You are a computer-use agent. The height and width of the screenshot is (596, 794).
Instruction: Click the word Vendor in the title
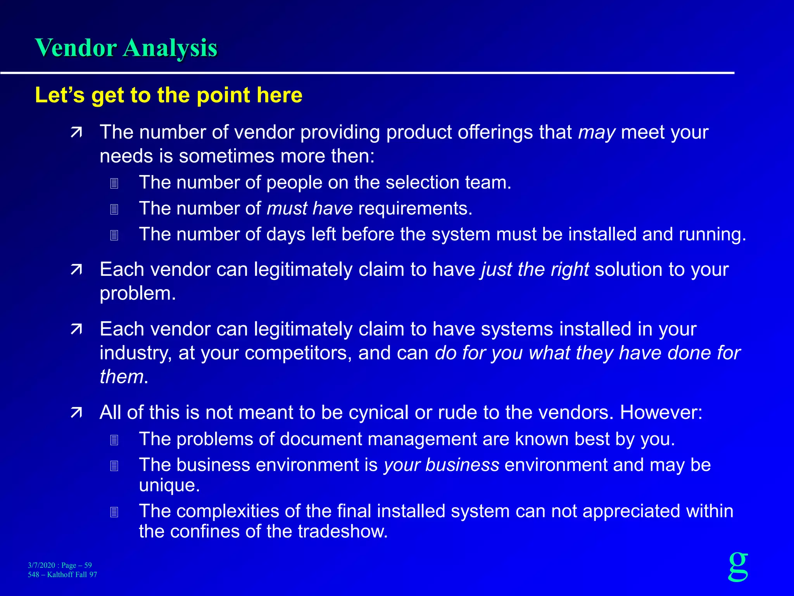(x=76, y=48)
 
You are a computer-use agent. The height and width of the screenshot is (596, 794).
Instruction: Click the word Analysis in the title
(x=170, y=49)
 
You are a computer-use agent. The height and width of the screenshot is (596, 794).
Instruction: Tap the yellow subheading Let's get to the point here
(x=169, y=95)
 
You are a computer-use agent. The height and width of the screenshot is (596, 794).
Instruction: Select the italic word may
(x=597, y=133)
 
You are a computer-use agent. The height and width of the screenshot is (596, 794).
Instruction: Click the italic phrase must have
(x=310, y=209)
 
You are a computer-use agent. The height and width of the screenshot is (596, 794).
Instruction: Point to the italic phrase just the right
(x=535, y=269)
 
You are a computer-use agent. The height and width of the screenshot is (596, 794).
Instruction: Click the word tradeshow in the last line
(x=343, y=532)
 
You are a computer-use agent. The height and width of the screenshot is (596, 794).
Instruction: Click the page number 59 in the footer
(x=88, y=565)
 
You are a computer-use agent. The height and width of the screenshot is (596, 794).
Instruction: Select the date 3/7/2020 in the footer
(x=41, y=565)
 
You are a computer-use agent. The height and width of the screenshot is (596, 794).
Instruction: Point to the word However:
(x=661, y=412)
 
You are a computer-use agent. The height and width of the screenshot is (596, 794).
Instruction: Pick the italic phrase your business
(x=442, y=465)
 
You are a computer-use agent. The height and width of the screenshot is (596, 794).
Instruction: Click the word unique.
(x=169, y=485)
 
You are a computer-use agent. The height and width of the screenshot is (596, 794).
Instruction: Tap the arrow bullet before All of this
(x=76, y=413)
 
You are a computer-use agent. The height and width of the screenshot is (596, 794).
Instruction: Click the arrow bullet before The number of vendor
(x=76, y=133)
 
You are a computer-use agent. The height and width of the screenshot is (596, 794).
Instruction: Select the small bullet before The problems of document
(x=114, y=440)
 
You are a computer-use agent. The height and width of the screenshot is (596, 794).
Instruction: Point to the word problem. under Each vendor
(x=138, y=294)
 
